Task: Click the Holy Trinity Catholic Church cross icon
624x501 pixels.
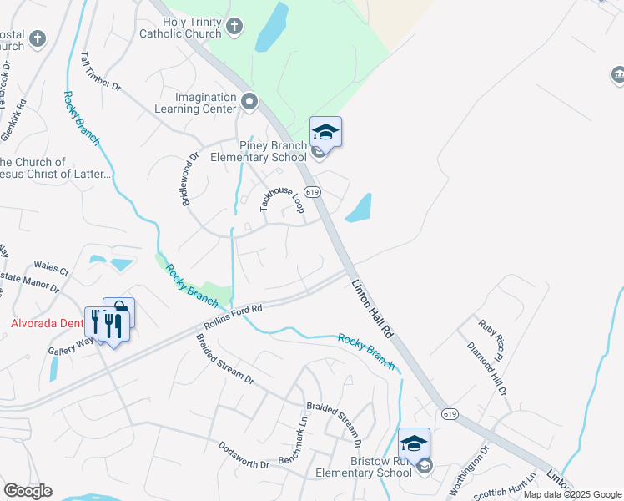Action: coord(235,27)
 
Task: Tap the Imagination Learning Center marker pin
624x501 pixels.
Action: coord(249,103)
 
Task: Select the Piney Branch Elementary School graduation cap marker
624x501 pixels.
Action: coord(325,132)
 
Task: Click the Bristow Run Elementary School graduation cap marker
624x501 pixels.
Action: coord(414,443)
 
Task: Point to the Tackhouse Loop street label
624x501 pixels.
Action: coord(281,204)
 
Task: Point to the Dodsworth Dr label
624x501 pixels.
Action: coord(244,453)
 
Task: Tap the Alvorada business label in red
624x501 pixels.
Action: coord(47,323)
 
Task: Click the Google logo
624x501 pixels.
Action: coord(28,491)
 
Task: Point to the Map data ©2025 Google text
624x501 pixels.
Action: coord(572,494)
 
